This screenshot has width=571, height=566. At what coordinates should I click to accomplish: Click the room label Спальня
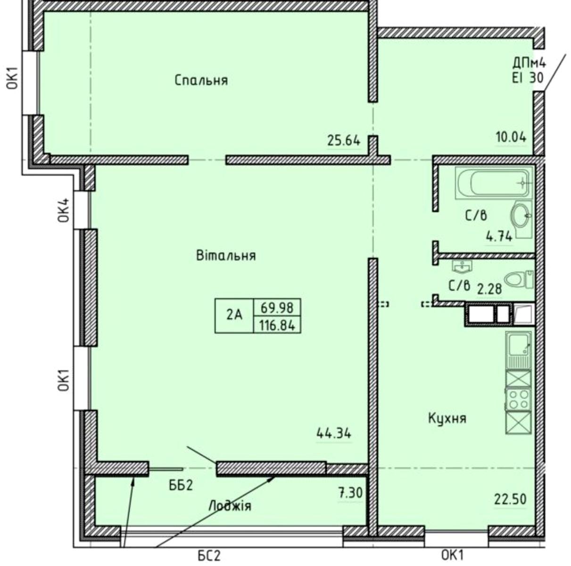tap(201, 80)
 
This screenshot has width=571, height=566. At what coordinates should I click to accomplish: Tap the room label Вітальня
tap(226, 255)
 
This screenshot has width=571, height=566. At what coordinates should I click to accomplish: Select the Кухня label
tap(447, 418)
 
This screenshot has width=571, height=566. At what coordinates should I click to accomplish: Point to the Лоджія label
tap(230, 506)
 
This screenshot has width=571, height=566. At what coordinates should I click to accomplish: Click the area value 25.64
tap(344, 140)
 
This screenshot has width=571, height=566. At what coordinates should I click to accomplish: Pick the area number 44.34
tap(334, 433)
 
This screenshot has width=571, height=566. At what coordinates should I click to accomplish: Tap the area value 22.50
tap(510, 499)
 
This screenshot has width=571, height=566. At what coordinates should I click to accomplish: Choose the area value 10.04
tap(511, 137)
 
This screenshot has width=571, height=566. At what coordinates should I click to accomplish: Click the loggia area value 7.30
tap(350, 493)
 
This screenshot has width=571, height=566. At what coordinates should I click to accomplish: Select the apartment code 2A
tap(234, 316)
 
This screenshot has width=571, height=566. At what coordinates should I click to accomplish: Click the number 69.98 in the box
tap(277, 307)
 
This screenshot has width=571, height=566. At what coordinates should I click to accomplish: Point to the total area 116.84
tap(277, 325)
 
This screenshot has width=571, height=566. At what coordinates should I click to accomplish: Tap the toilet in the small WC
tap(519, 279)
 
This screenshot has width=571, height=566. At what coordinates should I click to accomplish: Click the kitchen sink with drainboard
tap(518, 350)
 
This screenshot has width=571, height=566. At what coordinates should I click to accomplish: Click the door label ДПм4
tap(529, 63)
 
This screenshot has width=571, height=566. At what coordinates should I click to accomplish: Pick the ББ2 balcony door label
tap(181, 485)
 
